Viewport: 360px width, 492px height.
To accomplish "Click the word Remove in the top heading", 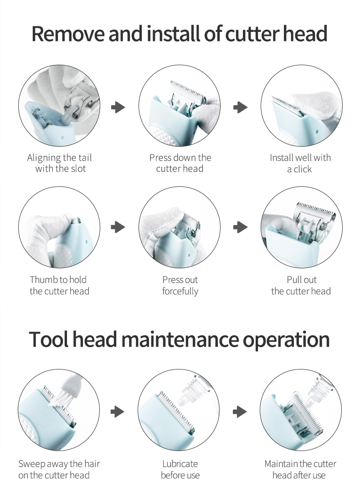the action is pyautogui.click(x=68, y=34).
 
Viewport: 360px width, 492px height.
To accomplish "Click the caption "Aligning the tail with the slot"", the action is pyautogui.click(x=60, y=163).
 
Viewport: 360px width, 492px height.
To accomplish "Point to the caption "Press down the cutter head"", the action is pyautogui.click(x=180, y=163).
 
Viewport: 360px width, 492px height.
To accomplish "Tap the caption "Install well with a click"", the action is pyautogui.click(x=300, y=163).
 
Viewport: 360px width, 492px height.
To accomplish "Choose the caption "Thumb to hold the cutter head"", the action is pyautogui.click(x=59, y=285).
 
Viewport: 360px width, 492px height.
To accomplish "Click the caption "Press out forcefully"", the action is pyautogui.click(x=180, y=286).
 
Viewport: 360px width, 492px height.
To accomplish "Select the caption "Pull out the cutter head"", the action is pyautogui.click(x=301, y=285).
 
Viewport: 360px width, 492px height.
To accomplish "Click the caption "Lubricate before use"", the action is pyautogui.click(x=180, y=469).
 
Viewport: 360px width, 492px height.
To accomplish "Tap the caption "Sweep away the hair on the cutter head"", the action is pyautogui.click(x=59, y=469).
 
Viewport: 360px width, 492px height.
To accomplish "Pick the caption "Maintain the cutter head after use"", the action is pyautogui.click(x=300, y=469).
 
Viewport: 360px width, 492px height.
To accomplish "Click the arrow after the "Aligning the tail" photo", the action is pyautogui.click(x=118, y=108).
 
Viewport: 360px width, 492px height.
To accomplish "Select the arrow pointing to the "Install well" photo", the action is pyautogui.click(x=241, y=108).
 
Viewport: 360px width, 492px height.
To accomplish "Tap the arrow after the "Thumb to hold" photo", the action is pyautogui.click(x=118, y=227).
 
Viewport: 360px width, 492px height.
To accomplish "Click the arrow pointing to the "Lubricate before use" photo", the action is pyautogui.click(x=118, y=412).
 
